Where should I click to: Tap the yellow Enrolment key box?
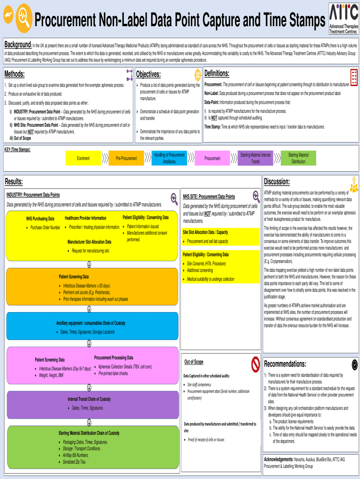(83, 158)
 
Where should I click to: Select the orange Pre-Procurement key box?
(126, 158)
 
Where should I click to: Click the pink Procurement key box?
(212, 158)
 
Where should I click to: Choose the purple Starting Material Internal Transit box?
(255, 158)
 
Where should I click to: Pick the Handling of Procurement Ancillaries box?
(169, 158)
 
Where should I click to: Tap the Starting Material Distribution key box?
(298, 158)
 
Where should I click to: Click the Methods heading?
(14, 74)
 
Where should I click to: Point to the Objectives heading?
(148, 74)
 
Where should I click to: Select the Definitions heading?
(217, 73)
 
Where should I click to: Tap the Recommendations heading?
(285, 364)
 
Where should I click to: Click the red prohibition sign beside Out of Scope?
(255, 363)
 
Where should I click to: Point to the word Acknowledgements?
(279, 459)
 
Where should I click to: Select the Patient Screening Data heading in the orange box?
(73, 276)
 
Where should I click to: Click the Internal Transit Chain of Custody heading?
(89, 399)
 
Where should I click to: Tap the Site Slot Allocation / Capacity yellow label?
(205, 232)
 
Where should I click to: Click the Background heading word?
(18, 45)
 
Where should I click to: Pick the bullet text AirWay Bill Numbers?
(76, 455)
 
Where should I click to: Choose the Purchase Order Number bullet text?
(45, 227)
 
